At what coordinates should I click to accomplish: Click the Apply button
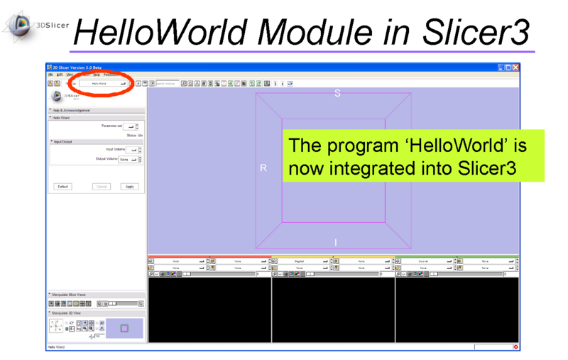click(129, 187)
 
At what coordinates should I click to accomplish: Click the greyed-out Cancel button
click(102, 187)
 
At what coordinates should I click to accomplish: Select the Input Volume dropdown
click(131, 150)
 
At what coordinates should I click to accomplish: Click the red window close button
click(516, 67)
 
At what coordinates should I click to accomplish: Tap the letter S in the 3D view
click(337, 94)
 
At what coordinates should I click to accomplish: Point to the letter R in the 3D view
click(263, 168)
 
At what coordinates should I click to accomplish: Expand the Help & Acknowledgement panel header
click(71, 110)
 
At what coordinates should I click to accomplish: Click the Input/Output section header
click(64, 141)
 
